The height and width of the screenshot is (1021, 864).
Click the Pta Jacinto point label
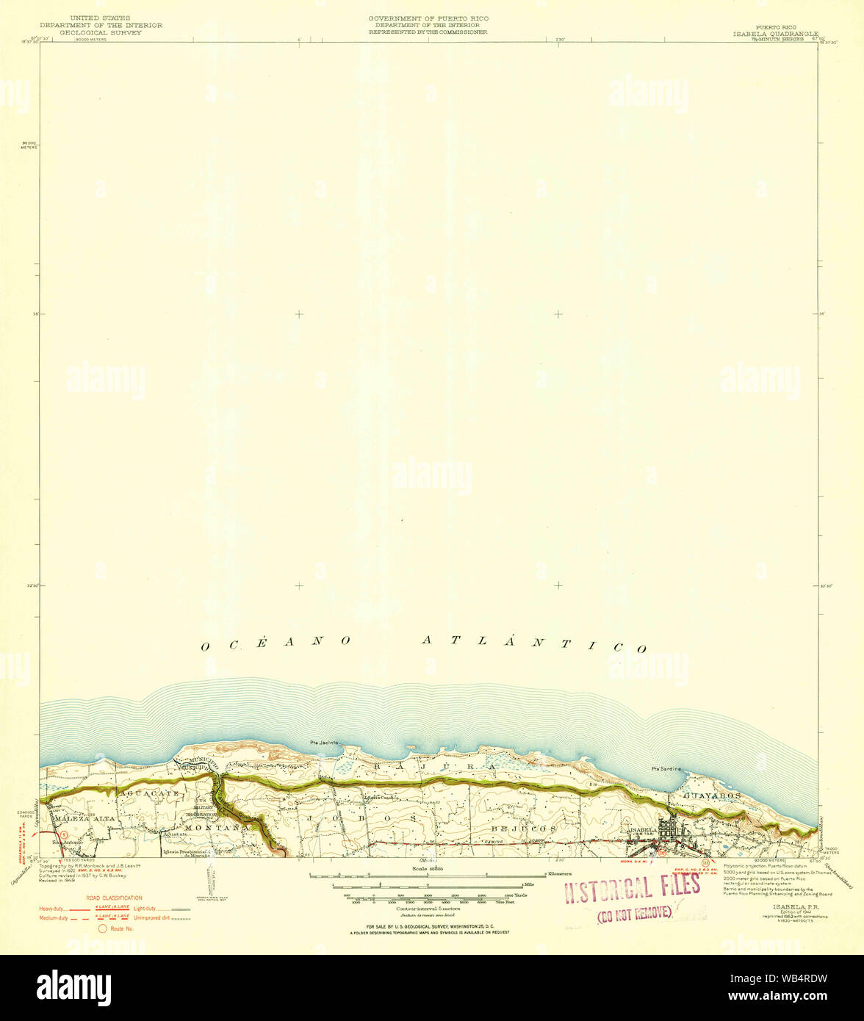pyautogui.click(x=324, y=743)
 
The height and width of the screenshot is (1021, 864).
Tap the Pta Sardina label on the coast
pyautogui.click(x=666, y=768)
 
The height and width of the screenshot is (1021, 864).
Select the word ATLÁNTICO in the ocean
pyautogui.click(x=533, y=643)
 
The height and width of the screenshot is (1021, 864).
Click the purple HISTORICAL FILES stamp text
pyautogui.click(x=631, y=890)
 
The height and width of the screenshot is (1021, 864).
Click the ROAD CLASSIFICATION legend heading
pyautogui.click(x=114, y=898)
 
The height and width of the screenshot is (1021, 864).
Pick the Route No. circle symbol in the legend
pyautogui.click(x=104, y=928)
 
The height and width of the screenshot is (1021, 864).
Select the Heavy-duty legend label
pyautogui.click(x=51, y=909)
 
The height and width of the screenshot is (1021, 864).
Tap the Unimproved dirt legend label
pyautogui.click(x=150, y=918)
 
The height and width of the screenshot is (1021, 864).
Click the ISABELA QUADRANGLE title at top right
pyautogui.click(x=774, y=34)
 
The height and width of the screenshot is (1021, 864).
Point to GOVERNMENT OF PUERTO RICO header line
pyautogui.click(x=429, y=18)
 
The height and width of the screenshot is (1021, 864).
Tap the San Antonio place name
pyautogui.click(x=67, y=842)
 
